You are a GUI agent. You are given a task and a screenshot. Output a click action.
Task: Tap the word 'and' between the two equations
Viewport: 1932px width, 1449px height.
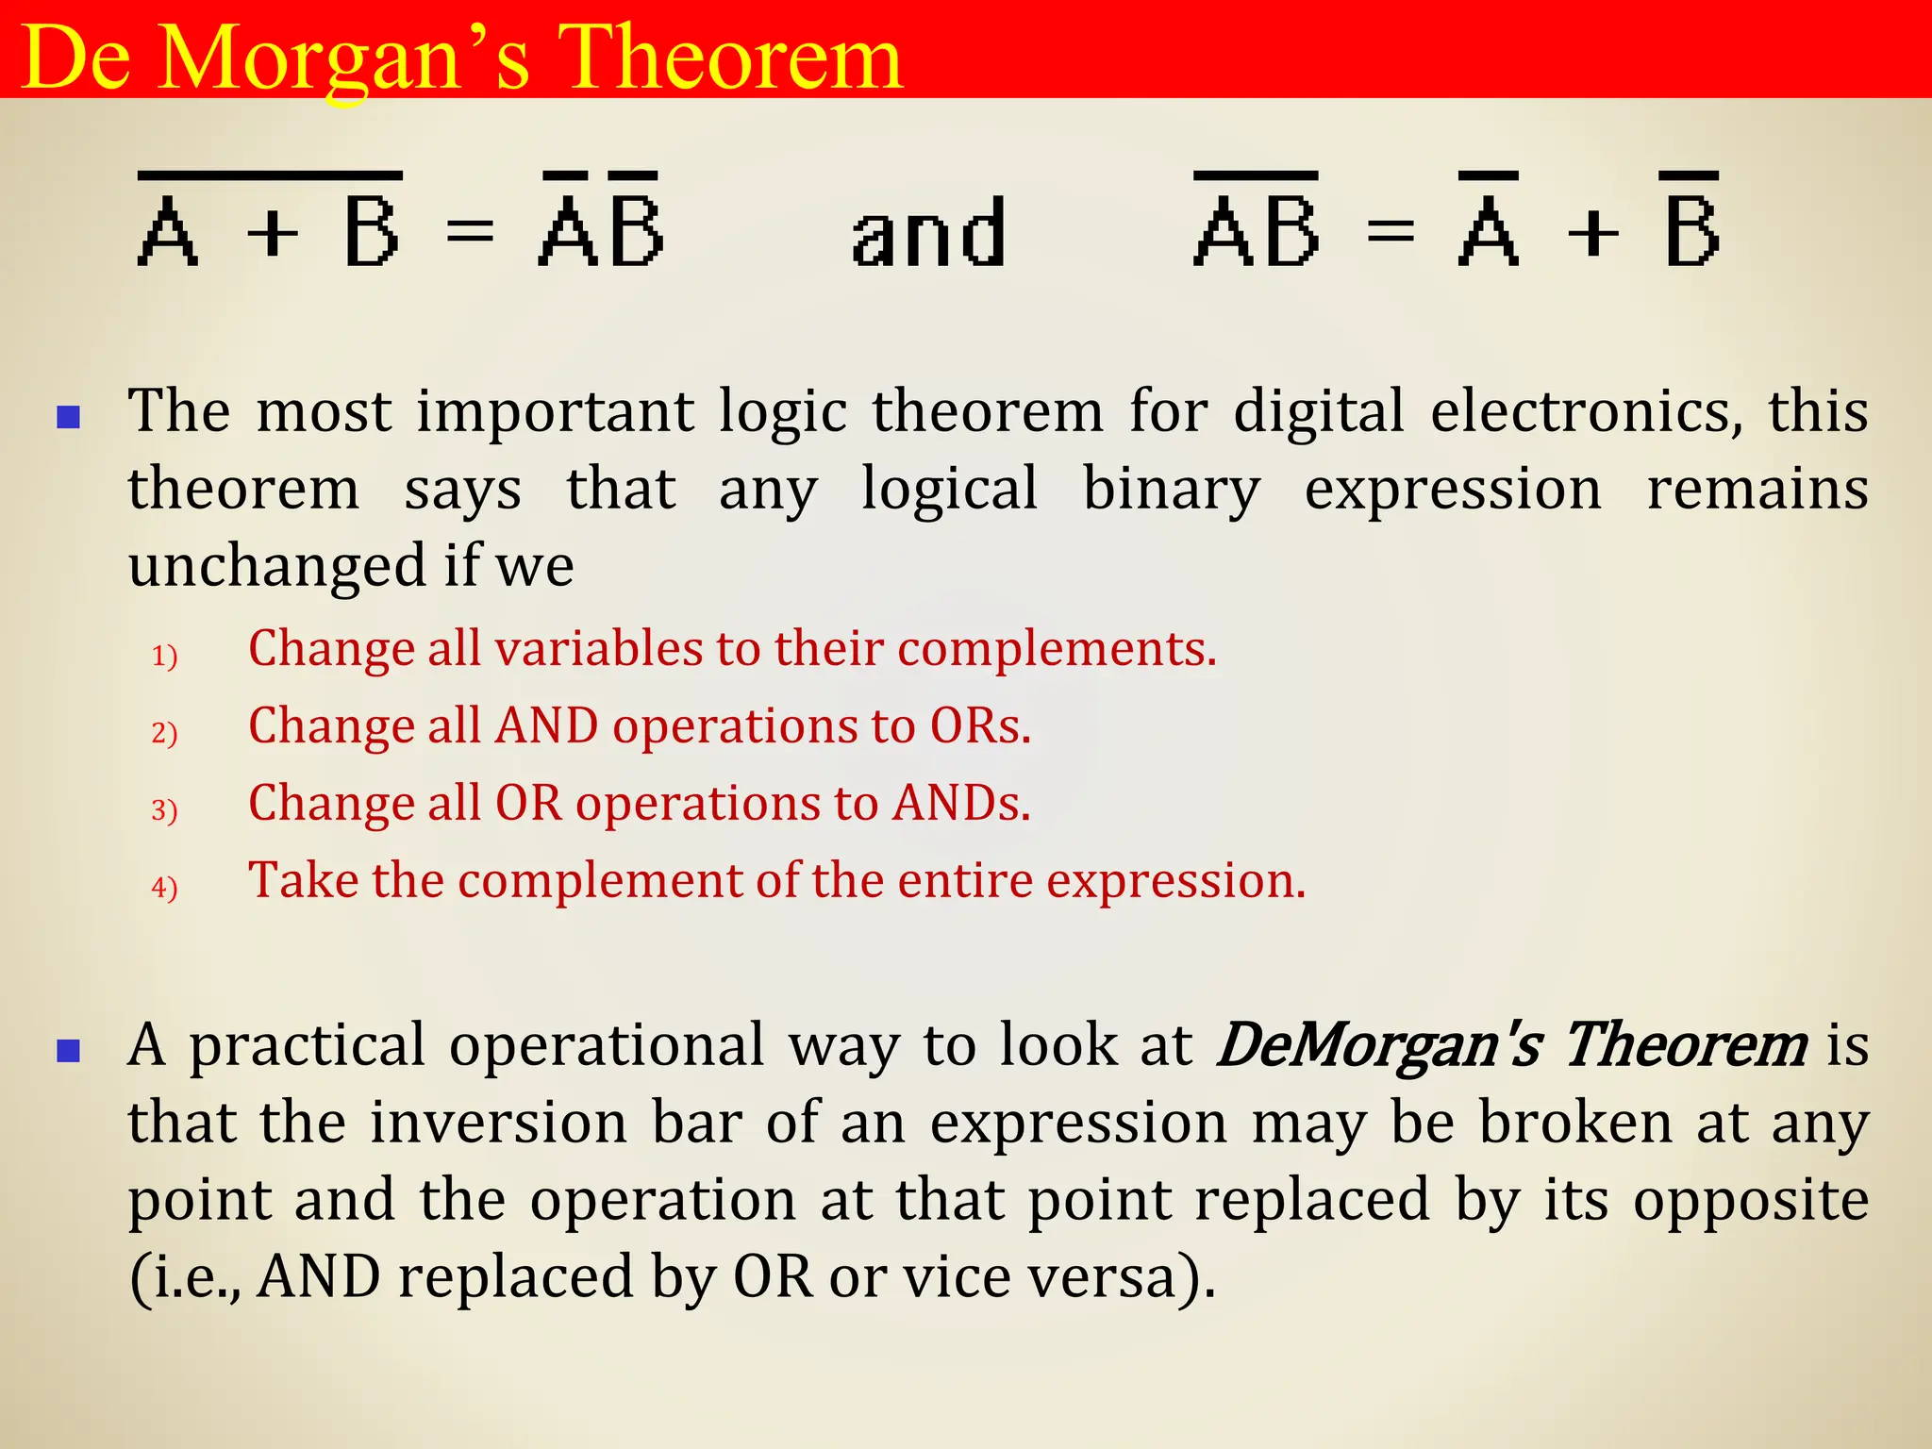point(928,234)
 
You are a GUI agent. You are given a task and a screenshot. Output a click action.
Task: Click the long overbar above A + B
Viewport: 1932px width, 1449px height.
point(271,175)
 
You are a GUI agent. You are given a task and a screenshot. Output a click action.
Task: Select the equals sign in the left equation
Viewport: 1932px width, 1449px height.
point(470,232)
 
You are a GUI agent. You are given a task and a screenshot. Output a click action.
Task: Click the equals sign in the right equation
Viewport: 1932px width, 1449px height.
point(1391,232)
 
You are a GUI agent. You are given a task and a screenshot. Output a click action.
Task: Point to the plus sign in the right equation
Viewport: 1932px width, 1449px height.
point(1592,232)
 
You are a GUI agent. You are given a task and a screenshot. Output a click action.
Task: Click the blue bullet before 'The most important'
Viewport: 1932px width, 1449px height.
point(68,416)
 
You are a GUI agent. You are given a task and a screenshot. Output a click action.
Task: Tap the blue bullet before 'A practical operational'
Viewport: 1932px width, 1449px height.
point(68,1050)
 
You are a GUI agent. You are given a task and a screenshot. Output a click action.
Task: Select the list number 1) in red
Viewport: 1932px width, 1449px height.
point(164,655)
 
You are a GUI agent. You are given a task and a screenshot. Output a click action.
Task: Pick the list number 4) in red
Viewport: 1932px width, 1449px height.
point(164,887)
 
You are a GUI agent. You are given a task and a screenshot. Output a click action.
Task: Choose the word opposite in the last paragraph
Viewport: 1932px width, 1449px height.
point(1751,1201)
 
